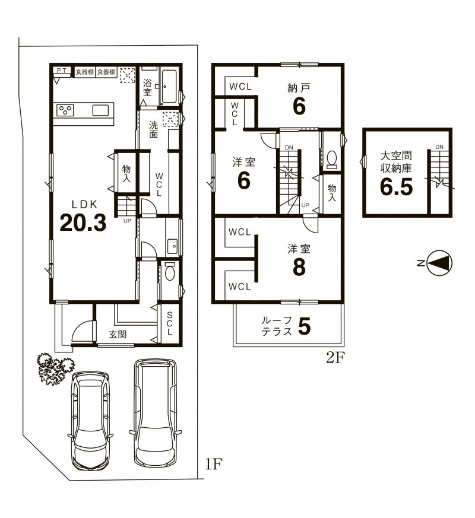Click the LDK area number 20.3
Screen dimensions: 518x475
83,223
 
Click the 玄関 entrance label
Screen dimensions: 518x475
118,334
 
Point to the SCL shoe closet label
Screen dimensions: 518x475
169,324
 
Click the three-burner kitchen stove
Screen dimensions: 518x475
65,110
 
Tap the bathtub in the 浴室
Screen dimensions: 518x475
169,88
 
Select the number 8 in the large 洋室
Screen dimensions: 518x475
298,268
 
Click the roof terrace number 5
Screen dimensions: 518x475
304,326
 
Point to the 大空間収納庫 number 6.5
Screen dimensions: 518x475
396,188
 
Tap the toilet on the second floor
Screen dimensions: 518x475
332,160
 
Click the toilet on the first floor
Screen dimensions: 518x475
170,273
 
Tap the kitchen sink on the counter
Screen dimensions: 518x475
100,110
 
